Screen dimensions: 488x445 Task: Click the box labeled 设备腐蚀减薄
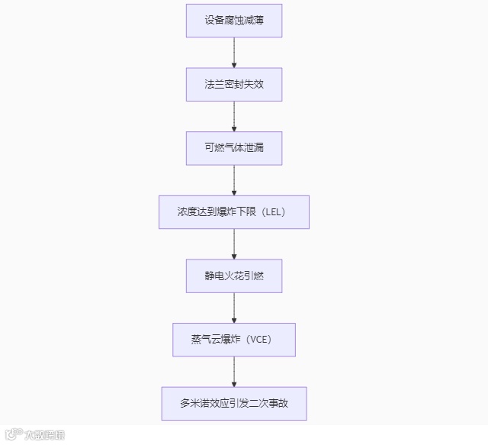click(x=234, y=21)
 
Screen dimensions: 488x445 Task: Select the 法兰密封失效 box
click(x=234, y=85)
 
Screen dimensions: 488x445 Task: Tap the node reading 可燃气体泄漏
click(x=234, y=148)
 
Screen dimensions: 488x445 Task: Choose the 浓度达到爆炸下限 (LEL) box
click(x=234, y=211)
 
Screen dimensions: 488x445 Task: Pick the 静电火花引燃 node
click(x=234, y=276)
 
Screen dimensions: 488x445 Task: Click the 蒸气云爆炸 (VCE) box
click(x=234, y=340)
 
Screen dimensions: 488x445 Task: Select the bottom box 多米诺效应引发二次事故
click(x=234, y=403)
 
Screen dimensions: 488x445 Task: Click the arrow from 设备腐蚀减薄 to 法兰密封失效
click(x=234, y=53)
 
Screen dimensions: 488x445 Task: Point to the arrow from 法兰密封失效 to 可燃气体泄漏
click(x=234, y=116)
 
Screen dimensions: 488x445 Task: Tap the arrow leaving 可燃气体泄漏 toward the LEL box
click(x=234, y=180)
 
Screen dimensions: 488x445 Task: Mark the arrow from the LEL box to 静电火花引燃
click(x=234, y=243)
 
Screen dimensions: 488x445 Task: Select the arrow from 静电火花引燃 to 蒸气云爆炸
click(x=234, y=308)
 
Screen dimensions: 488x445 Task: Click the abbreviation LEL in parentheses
click(x=274, y=212)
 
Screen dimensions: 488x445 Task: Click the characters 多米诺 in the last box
click(x=195, y=404)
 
